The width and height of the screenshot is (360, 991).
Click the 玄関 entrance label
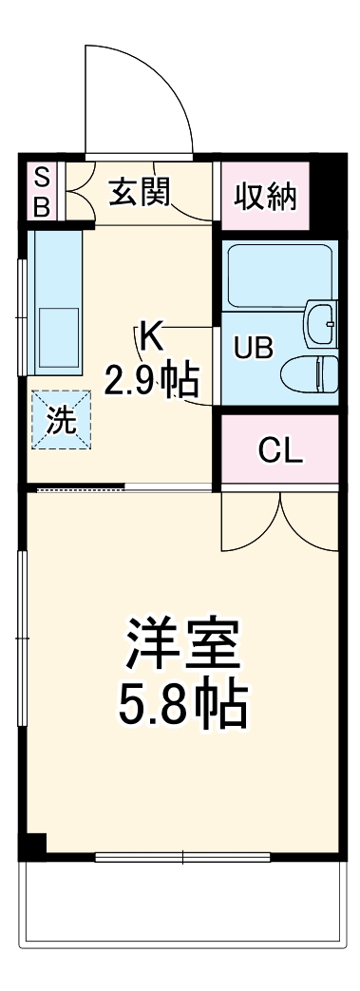[139, 193]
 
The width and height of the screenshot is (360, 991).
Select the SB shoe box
[41, 193]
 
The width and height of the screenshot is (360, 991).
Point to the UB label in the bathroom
[254, 349]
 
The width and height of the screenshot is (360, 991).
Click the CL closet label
[280, 451]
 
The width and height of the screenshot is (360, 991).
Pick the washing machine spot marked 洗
[61, 422]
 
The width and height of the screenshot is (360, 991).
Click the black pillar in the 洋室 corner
[33, 843]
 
